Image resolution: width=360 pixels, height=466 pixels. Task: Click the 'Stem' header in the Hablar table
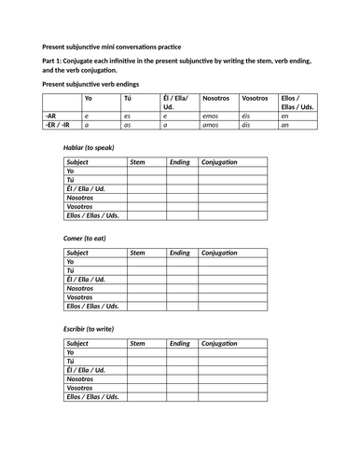137,162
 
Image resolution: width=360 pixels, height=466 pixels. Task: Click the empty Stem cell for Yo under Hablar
145,172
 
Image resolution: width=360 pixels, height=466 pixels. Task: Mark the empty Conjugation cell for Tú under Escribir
231,362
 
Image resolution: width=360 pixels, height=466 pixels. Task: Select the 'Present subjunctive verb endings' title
97,83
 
